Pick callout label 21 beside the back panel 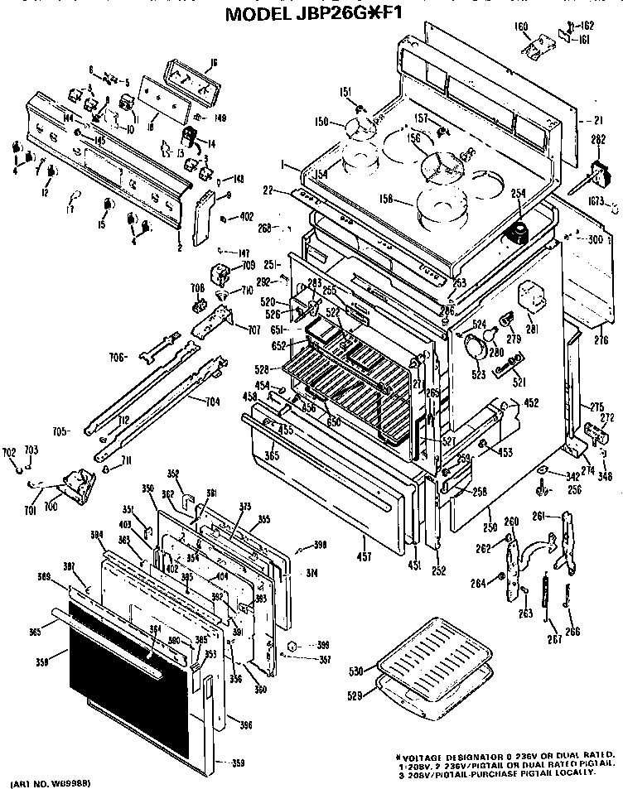pyautogui.click(x=597, y=121)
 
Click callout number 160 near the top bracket pyautogui.click(x=521, y=26)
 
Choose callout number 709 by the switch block pyautogui.click(x=249, y=266)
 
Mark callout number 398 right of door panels pyautogui.click(x=320, y=544)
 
